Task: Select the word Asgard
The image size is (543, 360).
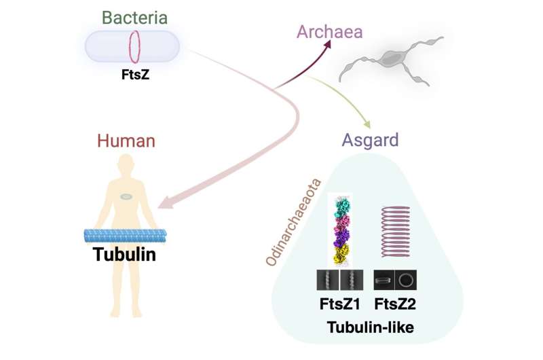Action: [x=371, y=141]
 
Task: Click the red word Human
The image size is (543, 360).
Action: [x=126, y=141]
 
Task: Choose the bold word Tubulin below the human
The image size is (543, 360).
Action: [x=127, y=255]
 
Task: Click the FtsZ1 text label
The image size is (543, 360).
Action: [x=339, y=303]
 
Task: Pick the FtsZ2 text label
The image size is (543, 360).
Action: [x=395, y=303]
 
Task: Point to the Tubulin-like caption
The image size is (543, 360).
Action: [x=370, y=328]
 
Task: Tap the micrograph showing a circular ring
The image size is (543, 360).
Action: [x=407, y=279]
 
